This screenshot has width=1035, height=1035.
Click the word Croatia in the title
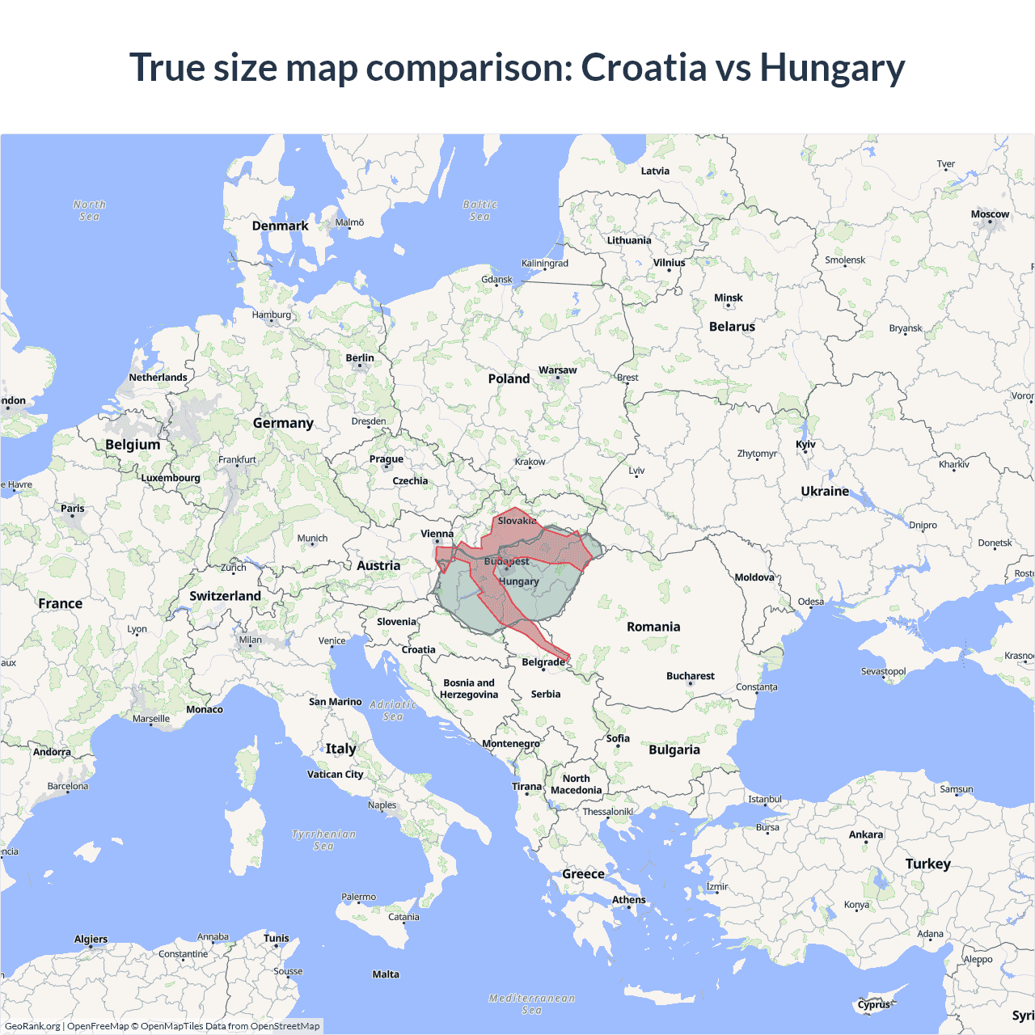644,67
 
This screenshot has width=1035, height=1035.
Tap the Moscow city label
990,214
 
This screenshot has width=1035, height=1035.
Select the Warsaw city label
557,370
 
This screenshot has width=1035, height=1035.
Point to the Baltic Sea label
479,210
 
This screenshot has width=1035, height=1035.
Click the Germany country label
283,423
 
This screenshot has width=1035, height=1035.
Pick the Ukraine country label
825,491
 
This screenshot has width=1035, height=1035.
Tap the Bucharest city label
690,676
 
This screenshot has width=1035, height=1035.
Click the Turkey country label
927,864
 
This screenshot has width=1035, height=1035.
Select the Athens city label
628,899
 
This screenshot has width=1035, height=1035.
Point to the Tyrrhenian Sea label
323,839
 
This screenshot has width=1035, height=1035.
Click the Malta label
386,974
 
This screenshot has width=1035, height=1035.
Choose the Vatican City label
335,774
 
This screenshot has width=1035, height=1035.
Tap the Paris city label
72,509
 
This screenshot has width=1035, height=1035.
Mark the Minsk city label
728,298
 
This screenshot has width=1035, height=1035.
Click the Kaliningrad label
544,264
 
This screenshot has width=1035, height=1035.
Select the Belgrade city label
543,662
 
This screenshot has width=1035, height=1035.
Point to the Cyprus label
873,1005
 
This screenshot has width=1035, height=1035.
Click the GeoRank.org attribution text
32,1026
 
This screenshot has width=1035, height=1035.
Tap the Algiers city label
91,940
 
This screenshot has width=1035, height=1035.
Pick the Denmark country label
280,226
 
